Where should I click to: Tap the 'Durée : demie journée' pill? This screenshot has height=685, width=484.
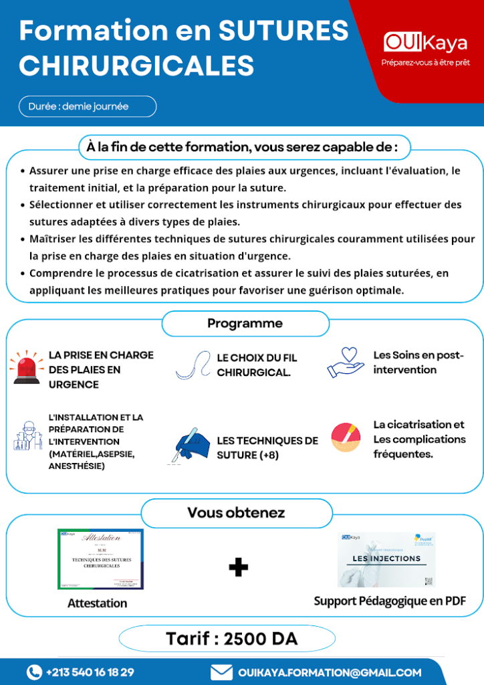(x=88, y=106)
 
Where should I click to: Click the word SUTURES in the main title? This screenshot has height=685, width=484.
(x=284, y=31)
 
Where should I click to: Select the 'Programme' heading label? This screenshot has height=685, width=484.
(x=245, y=323)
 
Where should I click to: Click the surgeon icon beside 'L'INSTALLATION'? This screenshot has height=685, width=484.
(x=27, y=436)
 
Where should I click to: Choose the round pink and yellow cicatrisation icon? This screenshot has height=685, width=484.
(x=346, y=437)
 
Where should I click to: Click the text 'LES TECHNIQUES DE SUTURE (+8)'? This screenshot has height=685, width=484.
(x=267, y=448)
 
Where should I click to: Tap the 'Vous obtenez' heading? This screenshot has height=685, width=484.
(x=236, y=513)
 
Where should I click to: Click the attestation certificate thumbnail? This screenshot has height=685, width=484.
(x=100, y=559)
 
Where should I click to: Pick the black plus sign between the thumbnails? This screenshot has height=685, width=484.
(x=238, y=567)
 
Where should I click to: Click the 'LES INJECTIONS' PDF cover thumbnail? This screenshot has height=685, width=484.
(x=386, y=559)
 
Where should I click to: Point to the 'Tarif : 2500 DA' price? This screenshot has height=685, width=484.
(x=231, y=639)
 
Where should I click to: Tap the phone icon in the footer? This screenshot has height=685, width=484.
(x=34, y=672)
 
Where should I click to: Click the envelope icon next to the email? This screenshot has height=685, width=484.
(x=221, y=672)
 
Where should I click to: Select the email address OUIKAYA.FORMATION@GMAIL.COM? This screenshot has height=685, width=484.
(x=330, y=672)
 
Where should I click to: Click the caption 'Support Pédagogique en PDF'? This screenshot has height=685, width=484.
(x=390, y=601)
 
